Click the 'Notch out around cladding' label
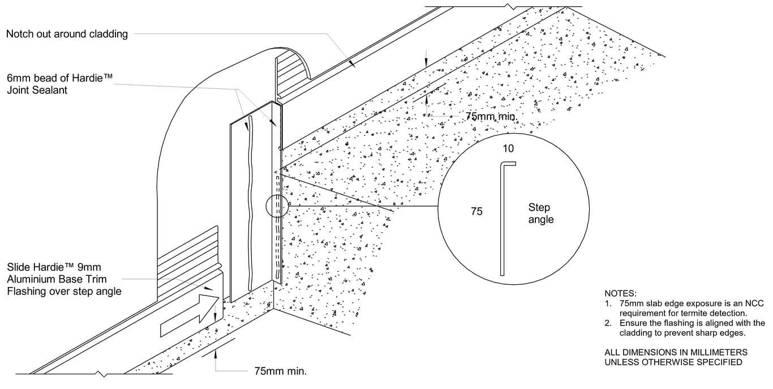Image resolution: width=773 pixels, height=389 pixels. pyautogui.click(x=67, y=34)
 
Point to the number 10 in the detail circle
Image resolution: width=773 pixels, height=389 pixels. pyautogui.click(x=508, y=148)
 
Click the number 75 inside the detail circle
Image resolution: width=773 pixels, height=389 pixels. pyautogui.click(x=476, y=211)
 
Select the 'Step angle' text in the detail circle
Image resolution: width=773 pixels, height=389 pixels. pyautogui.click(x=540, y=213)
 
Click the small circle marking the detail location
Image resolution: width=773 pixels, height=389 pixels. pyautogui.click(x=276, y=206)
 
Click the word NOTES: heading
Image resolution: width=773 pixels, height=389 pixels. pyautogui.click(x=621, y=293)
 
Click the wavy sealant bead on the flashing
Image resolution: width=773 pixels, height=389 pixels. pyautogui.click(x=247, y=204)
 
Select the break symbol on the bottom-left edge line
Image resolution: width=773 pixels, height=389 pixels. pyautogui.click(x=101, y=374)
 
